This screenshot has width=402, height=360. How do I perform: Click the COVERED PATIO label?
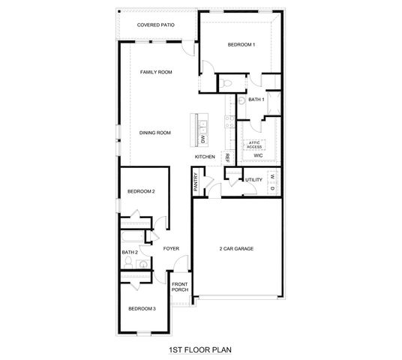click(x=157, y=25)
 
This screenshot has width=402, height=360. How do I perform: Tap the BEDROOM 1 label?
click(x=241, y=45)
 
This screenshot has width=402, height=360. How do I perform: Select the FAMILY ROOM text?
click(x=157, y=72)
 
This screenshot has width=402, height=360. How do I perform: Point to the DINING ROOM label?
click(x=155, y=133)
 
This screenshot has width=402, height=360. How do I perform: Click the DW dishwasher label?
click(x=203, y=139)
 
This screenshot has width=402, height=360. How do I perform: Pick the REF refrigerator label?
click(x=227, y=158)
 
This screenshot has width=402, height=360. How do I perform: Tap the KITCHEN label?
click(x=205, y=157)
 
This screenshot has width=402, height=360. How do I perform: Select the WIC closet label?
click(x=258, y=156)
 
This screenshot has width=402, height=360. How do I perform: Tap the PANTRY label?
click(x=195, y=182)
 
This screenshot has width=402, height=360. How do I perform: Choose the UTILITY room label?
click(x=253, y=180)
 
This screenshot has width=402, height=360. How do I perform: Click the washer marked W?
click(x=272, y=177)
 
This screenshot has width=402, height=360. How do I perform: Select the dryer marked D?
click(x=272, y=187)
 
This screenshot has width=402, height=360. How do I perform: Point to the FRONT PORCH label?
click(x=179, y=287)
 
